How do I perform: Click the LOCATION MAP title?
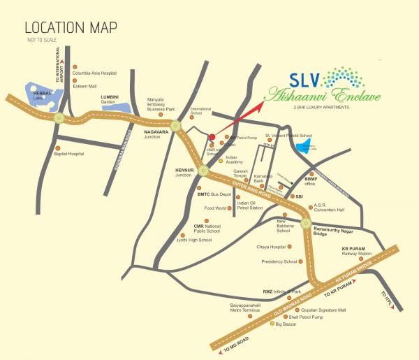point(71,28)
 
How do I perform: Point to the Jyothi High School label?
point(196,240)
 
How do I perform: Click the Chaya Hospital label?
point(252,247)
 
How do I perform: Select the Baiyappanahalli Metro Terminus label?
point(230,308)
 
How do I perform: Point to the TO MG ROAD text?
point(235,342)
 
